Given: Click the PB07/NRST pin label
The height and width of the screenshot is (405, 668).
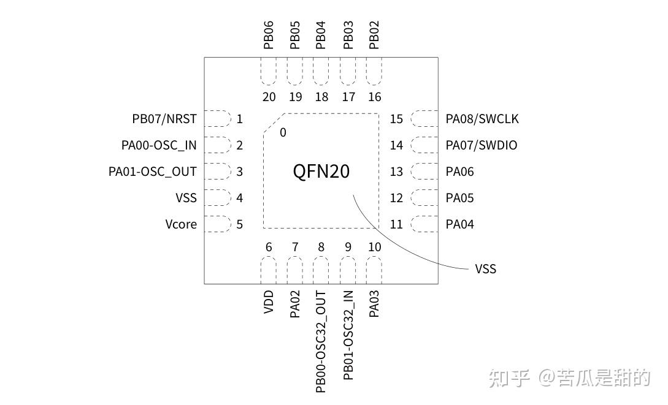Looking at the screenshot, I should (164, 119).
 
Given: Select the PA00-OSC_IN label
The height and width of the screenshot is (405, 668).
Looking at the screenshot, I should (159, 145).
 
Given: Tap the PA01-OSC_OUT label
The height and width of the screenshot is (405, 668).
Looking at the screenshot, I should (153, 172).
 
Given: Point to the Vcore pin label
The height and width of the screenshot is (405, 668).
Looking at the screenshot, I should (181, 224).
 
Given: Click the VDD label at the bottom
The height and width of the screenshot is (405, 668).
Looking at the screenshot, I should (269, 303).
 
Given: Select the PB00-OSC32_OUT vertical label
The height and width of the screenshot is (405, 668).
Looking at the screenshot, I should (320, 342).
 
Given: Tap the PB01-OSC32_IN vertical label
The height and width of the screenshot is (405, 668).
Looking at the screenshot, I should (348, 335).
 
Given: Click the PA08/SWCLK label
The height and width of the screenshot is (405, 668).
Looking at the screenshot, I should (482, 119).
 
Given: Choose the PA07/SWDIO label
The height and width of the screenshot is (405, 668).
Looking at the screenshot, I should (482, 145).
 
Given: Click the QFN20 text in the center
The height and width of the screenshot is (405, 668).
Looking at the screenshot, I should (321, 172).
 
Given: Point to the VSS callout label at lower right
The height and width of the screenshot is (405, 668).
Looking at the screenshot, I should (485, 269).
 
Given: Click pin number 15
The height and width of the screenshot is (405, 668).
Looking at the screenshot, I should (397, 119).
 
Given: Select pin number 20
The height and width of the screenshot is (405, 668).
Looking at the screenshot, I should (269, 97).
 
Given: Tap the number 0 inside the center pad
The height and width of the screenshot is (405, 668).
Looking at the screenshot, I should (283, 132).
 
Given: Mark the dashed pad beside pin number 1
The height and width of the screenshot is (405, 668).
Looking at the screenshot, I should (216, 119).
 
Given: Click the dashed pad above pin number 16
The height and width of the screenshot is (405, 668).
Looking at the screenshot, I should (374, 72).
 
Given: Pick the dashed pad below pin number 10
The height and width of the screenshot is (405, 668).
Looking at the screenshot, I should (374, 270).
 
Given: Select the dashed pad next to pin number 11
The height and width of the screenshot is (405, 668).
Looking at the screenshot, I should (424, 224).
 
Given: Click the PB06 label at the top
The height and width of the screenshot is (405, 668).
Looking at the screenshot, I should (269, 35).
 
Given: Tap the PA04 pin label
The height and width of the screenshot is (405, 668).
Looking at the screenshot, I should (460, 224).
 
